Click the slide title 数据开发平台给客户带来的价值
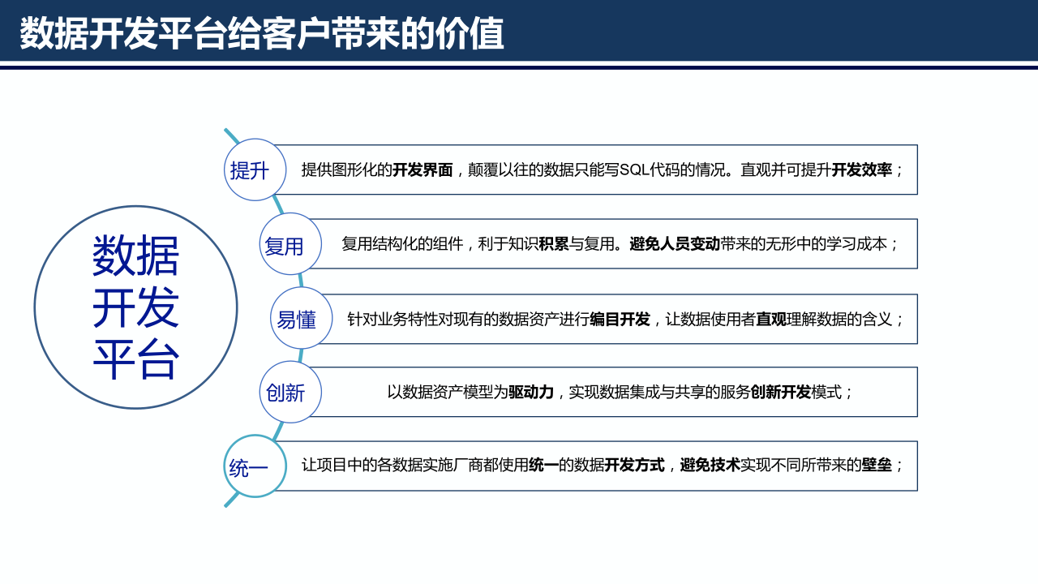tap(262, 34)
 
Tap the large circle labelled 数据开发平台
tap(135, 307)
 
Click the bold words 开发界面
tap(422, 170)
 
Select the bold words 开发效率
tap(861, 170)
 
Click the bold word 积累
tap(554, 244)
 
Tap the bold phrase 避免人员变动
tap(675, 244)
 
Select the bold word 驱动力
tap(531, 393)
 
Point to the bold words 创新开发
tap(781, 393)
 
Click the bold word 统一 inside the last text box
tap(543, 466)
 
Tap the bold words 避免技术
tap(710, 466)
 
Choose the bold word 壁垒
tap(877, 466)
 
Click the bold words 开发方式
tap(634, 466)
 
